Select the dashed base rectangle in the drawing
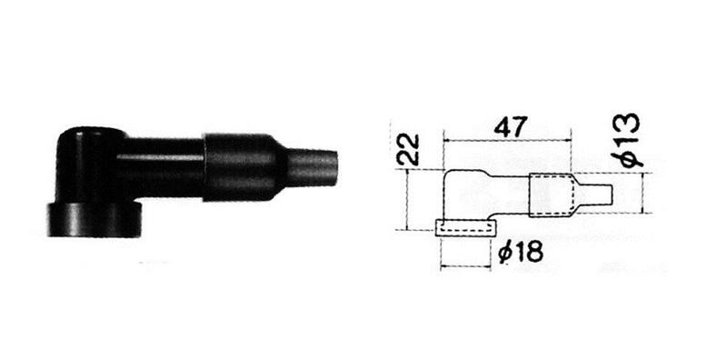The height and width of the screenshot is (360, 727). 463,228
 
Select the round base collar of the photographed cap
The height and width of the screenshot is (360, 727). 93,221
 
